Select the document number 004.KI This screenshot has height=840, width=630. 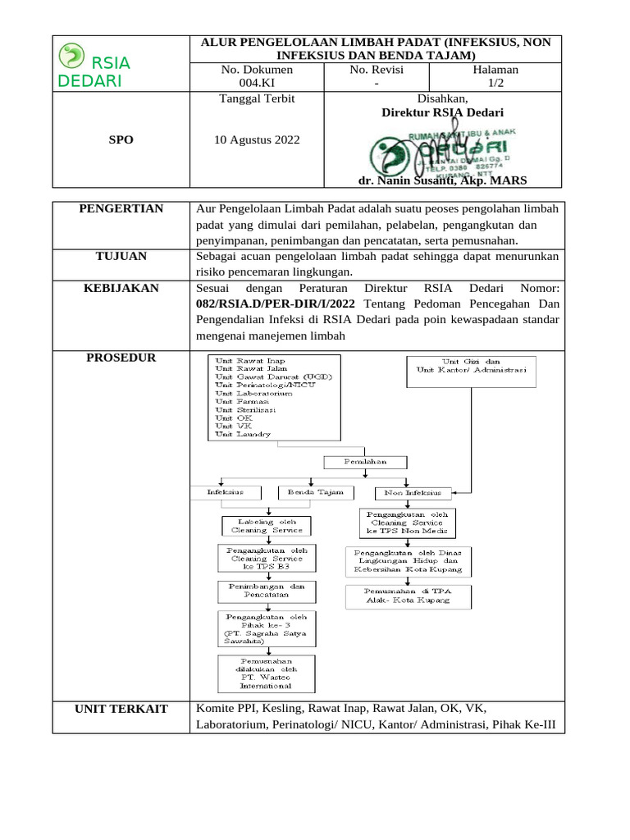tap(257, 84)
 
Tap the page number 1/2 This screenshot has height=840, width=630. tap(496, 84)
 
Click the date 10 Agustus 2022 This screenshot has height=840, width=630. tap(257, 139)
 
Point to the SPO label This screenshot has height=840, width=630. tap(121, 139)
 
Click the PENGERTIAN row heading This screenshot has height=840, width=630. tap(121, 209)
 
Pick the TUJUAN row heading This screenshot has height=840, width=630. tap(121, 257)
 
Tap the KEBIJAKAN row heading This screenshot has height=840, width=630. tap(121, 288)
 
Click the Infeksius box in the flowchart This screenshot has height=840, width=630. tap(226, 493)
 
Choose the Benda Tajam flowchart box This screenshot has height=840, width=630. tap(317, 493)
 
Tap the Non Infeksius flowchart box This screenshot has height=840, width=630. tap(413, 493)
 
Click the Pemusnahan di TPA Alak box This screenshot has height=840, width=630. tap(409, 596)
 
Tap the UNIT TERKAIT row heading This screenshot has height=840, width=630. tap(121, 709)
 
